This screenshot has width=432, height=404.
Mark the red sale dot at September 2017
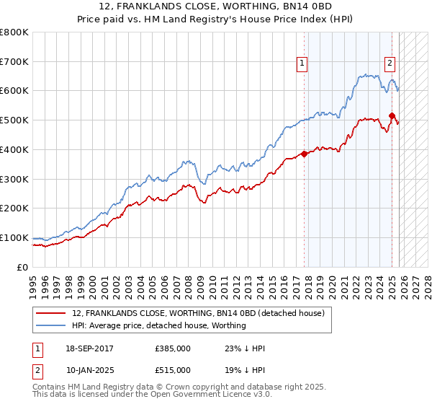(x=305, y=154)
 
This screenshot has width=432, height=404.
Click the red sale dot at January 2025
(x=392, y=115)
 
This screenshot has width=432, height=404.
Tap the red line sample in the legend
(x=52, y=313)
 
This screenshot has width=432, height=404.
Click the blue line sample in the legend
(x=52, y=325)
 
